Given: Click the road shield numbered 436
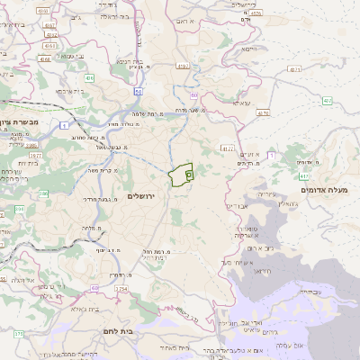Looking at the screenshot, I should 89,78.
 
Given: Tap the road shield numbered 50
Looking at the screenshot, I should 138,91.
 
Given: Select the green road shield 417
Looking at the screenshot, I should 304,177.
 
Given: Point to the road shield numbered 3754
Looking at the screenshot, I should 121,290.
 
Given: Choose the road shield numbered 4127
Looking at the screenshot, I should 227,148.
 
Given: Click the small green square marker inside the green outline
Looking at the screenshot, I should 189,174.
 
